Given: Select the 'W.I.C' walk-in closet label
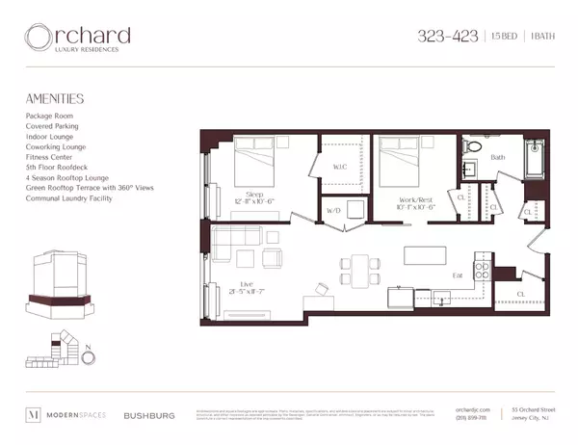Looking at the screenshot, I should [339, 166].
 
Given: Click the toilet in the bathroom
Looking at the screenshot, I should [472, 147].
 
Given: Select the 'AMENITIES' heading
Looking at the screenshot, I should [55, 98].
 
